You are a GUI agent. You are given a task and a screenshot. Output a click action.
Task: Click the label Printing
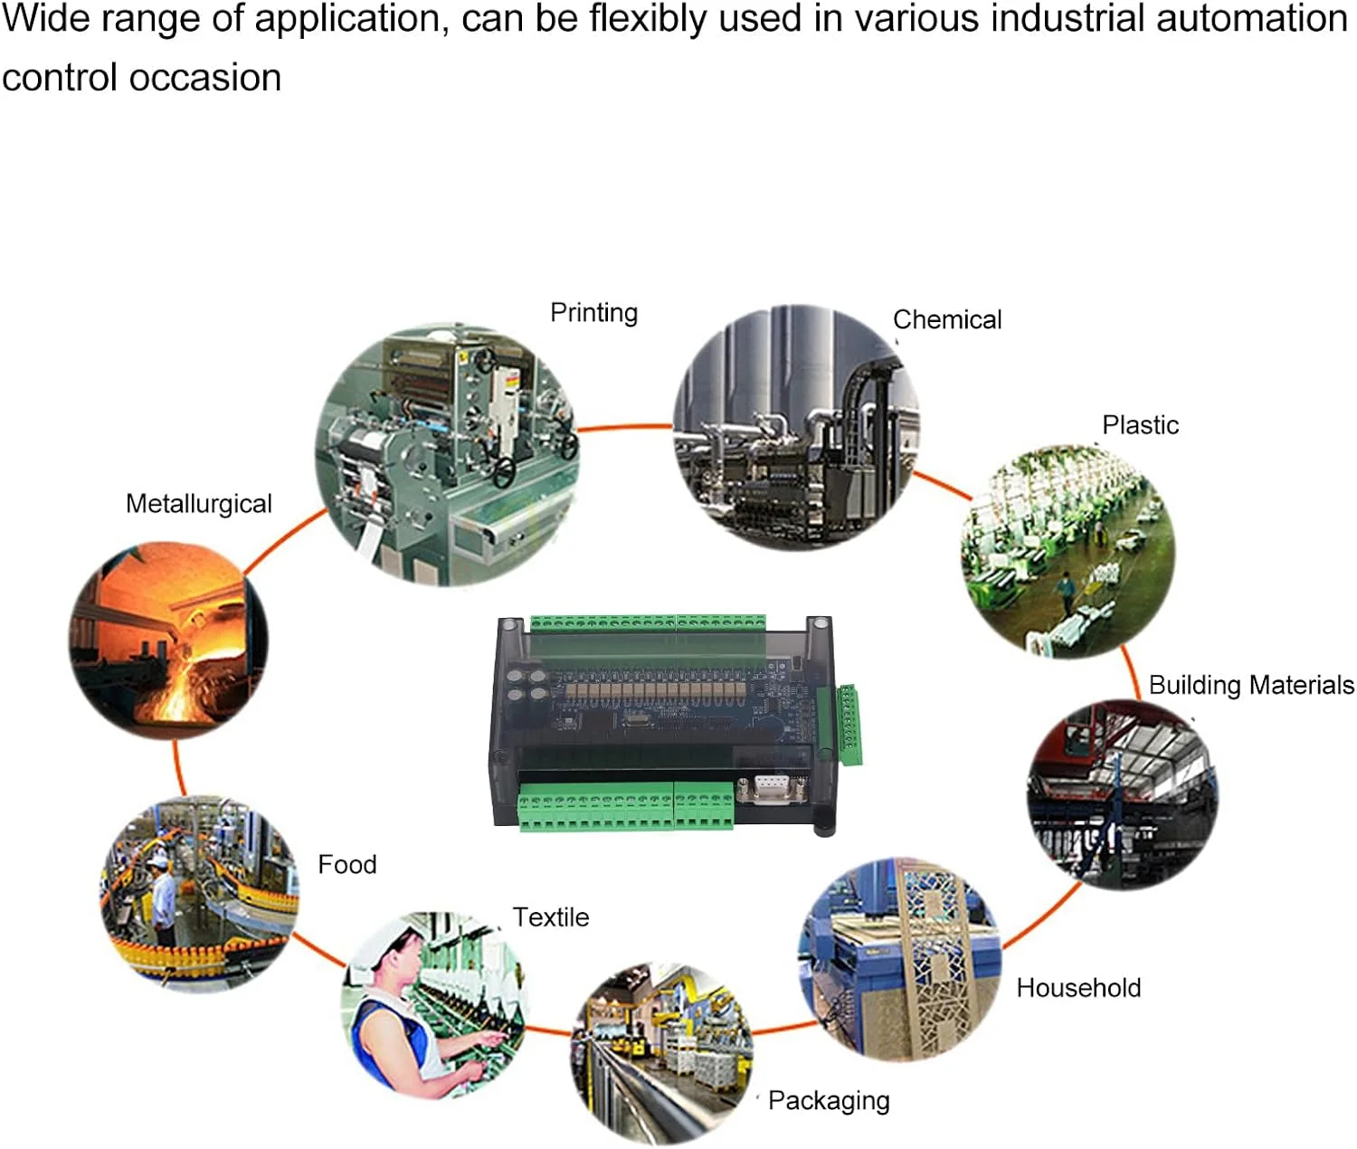pyautogui.click(x=593, y=313)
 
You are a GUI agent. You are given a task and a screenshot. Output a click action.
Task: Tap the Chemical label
pyautogui.click(x=947, y=320)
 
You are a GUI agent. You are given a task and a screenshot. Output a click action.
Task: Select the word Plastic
pyautogui.click(x=1140, y=425)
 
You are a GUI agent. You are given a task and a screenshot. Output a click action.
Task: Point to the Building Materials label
pyautogui.click(x=1251, y=685)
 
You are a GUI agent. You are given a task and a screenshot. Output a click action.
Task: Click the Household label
pyautogui.click(x=1078, y=988)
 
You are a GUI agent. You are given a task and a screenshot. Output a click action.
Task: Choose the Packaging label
pyautogui.click(x=829, y=1101)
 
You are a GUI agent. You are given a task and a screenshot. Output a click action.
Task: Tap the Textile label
pyautogui.click(x=551, y=917)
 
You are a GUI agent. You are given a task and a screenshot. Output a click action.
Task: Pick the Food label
pyautogui.click(x=347, y=865)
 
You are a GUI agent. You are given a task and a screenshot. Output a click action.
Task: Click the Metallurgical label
pyautogui.click(x=199, y=504)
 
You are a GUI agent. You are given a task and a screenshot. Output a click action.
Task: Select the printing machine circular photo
pyautogui.click(x=448, y=455)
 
